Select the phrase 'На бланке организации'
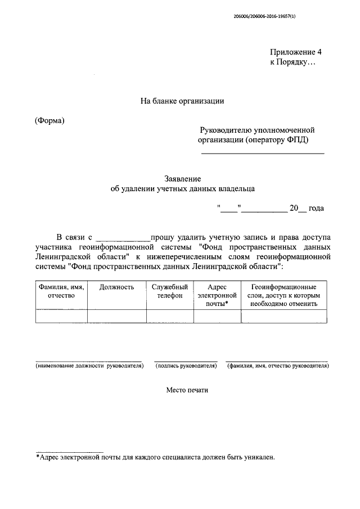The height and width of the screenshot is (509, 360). [182, 101]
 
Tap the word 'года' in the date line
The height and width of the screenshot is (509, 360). [316, 208]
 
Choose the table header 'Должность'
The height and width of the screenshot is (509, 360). [116, 287]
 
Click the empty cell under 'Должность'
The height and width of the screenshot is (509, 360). [116, 316]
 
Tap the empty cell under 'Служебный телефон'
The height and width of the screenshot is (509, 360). [170, 316]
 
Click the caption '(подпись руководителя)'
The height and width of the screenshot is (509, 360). [186, 366]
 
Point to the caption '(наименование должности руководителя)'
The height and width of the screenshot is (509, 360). [89, 366]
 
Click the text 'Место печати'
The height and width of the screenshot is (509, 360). [187, 390]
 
